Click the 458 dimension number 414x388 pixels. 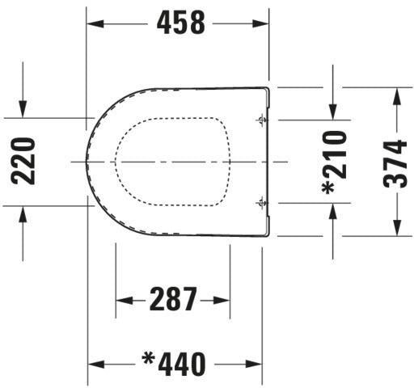click(x=180, y=23)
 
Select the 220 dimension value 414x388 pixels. click(x=23, y=161)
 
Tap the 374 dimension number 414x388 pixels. click(x=395, y=164)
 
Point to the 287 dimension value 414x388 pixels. click(x=173, y=299)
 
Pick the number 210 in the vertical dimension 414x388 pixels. click(x=335, y=154)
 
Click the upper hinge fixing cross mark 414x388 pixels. click(x=261, y=120)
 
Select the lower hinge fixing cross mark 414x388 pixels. click(x=261, y=203)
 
